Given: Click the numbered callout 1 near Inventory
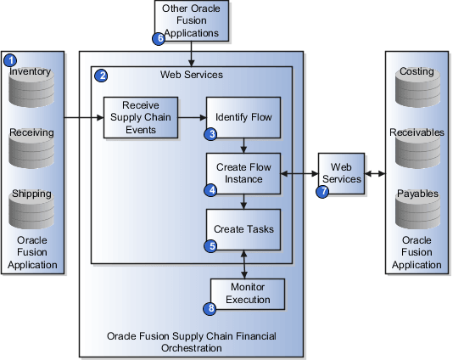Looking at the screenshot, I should [10, 60].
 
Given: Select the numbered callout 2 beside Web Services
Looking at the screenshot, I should [102, 76].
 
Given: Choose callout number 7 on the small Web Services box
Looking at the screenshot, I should [322, 192].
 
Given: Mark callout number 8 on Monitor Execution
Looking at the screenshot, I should [211, 307].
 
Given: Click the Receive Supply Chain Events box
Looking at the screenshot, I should [141, 117].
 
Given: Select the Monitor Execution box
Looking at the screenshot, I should [248, 294].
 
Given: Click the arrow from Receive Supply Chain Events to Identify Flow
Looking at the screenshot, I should [192, 117].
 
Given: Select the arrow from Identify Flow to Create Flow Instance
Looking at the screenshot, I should [244, 144].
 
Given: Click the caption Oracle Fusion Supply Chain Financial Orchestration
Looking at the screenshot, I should [191, 342].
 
